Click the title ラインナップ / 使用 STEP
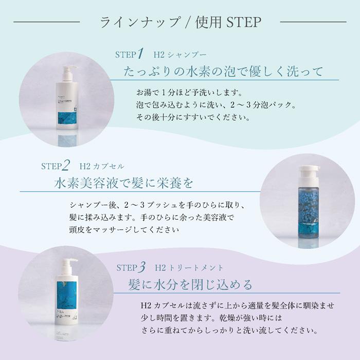[x=180, y=22]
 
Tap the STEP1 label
[x=129, y=54]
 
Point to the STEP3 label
[x=132, y=267]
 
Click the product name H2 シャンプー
[x=179, y=55]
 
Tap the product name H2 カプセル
[x=101, y=166]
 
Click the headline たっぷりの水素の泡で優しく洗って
[x=224, y=71]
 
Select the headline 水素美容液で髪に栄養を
[x=123, y=183]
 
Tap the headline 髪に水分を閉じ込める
[x=190, y=284]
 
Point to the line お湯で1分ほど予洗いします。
[x=185, y=94]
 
